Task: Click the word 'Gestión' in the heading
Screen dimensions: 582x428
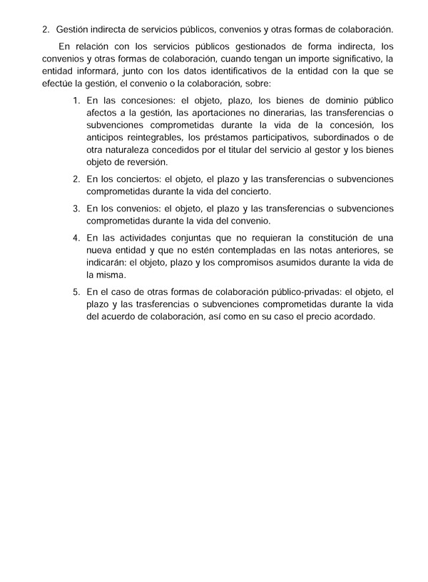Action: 73,29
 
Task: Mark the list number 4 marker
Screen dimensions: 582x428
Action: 76,238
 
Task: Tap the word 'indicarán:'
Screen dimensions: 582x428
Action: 107,262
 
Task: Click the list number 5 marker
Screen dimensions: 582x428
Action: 76,291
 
